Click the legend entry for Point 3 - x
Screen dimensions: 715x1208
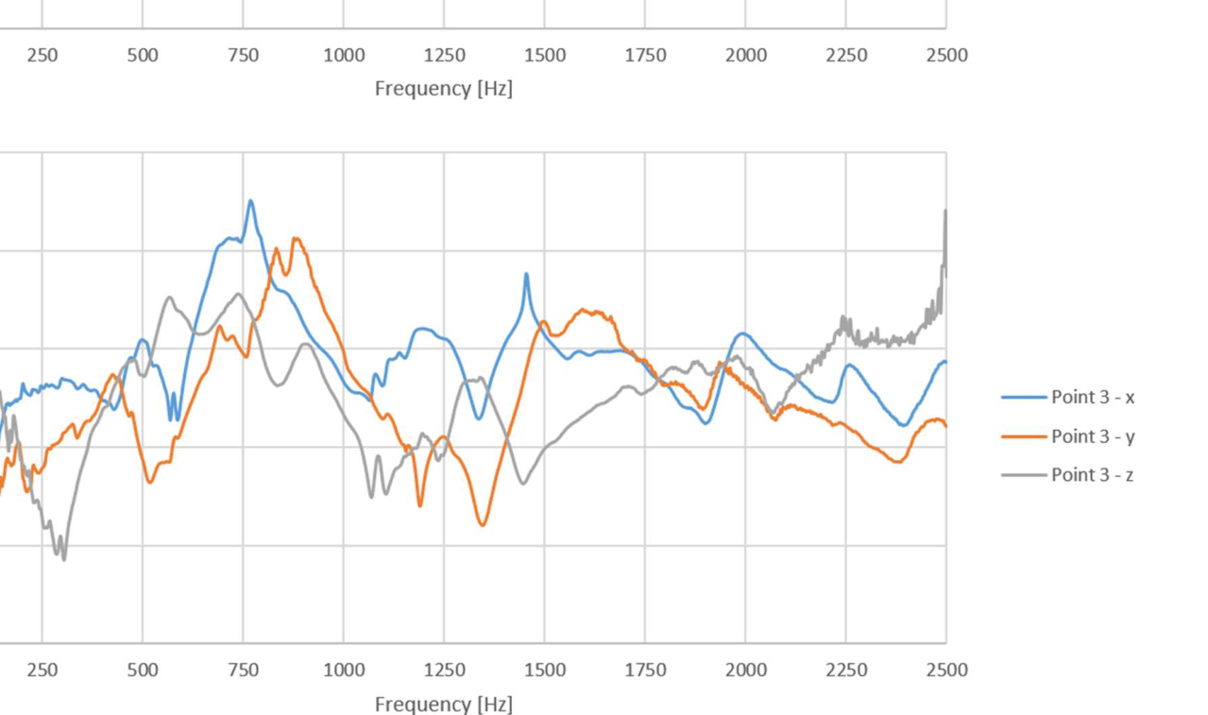1092,398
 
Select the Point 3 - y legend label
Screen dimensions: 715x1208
1092,436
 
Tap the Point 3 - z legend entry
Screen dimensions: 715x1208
1092,475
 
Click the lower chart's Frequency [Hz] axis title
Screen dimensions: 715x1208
443,704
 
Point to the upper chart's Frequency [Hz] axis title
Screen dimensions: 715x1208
443,88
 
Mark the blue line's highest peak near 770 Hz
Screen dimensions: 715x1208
250,201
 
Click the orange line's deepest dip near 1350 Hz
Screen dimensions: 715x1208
483,524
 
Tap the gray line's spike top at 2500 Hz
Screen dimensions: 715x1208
944,212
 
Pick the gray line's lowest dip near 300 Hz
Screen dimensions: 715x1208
64,559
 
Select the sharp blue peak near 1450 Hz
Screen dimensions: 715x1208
526,274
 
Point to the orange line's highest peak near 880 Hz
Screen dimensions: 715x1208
297,239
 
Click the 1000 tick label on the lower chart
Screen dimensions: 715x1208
344,670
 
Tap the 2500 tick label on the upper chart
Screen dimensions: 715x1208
946,55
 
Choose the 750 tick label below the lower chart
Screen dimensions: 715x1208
243,670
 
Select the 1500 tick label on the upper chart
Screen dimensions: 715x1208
545,55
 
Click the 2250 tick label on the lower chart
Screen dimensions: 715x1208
846,670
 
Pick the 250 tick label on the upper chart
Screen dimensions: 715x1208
42,55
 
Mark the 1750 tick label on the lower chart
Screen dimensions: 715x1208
645,670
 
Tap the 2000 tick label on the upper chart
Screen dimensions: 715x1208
746,55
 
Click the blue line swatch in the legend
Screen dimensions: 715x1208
1024,398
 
